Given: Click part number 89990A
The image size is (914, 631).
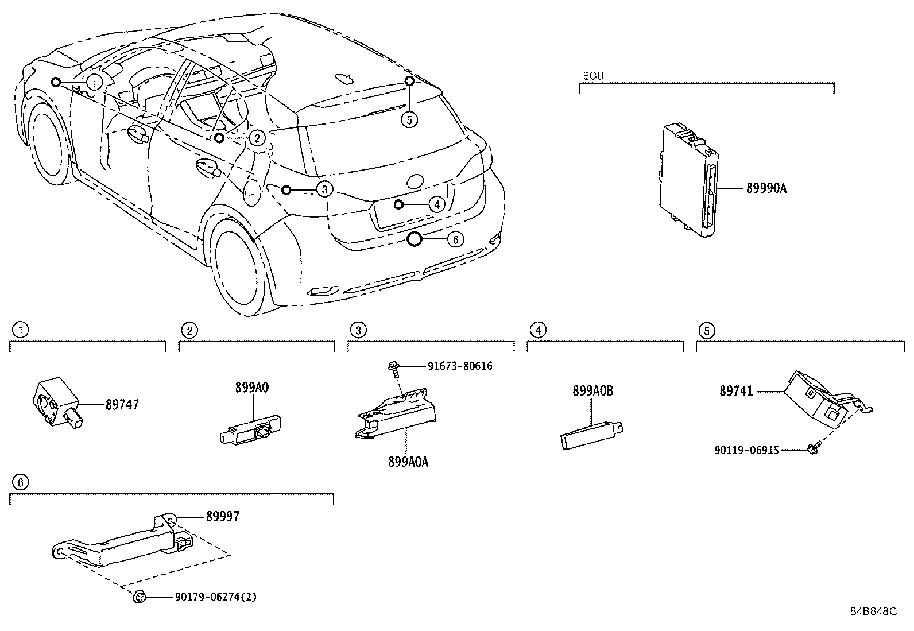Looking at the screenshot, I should point(766,188).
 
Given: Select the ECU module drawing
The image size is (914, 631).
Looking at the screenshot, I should point(688,179).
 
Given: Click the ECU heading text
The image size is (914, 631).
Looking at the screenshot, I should point(593,76).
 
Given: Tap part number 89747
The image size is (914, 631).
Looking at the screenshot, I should point(122,405).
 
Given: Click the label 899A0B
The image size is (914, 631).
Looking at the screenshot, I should point(592,391).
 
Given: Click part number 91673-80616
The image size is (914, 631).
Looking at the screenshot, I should point(460,366).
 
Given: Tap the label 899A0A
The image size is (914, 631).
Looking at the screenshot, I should point(408,462).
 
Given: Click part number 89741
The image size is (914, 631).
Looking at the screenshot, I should point(736,391).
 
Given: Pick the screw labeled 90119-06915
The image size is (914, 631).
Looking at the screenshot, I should point(812,450).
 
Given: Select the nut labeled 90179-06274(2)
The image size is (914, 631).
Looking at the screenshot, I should point(138,597).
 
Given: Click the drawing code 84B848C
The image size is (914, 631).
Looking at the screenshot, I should point(873,611).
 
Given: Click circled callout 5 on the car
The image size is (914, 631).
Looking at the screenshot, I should point(409,119).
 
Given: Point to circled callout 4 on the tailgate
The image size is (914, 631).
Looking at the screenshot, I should point(436,204).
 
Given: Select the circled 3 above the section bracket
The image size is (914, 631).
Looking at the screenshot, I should point(358,330).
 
